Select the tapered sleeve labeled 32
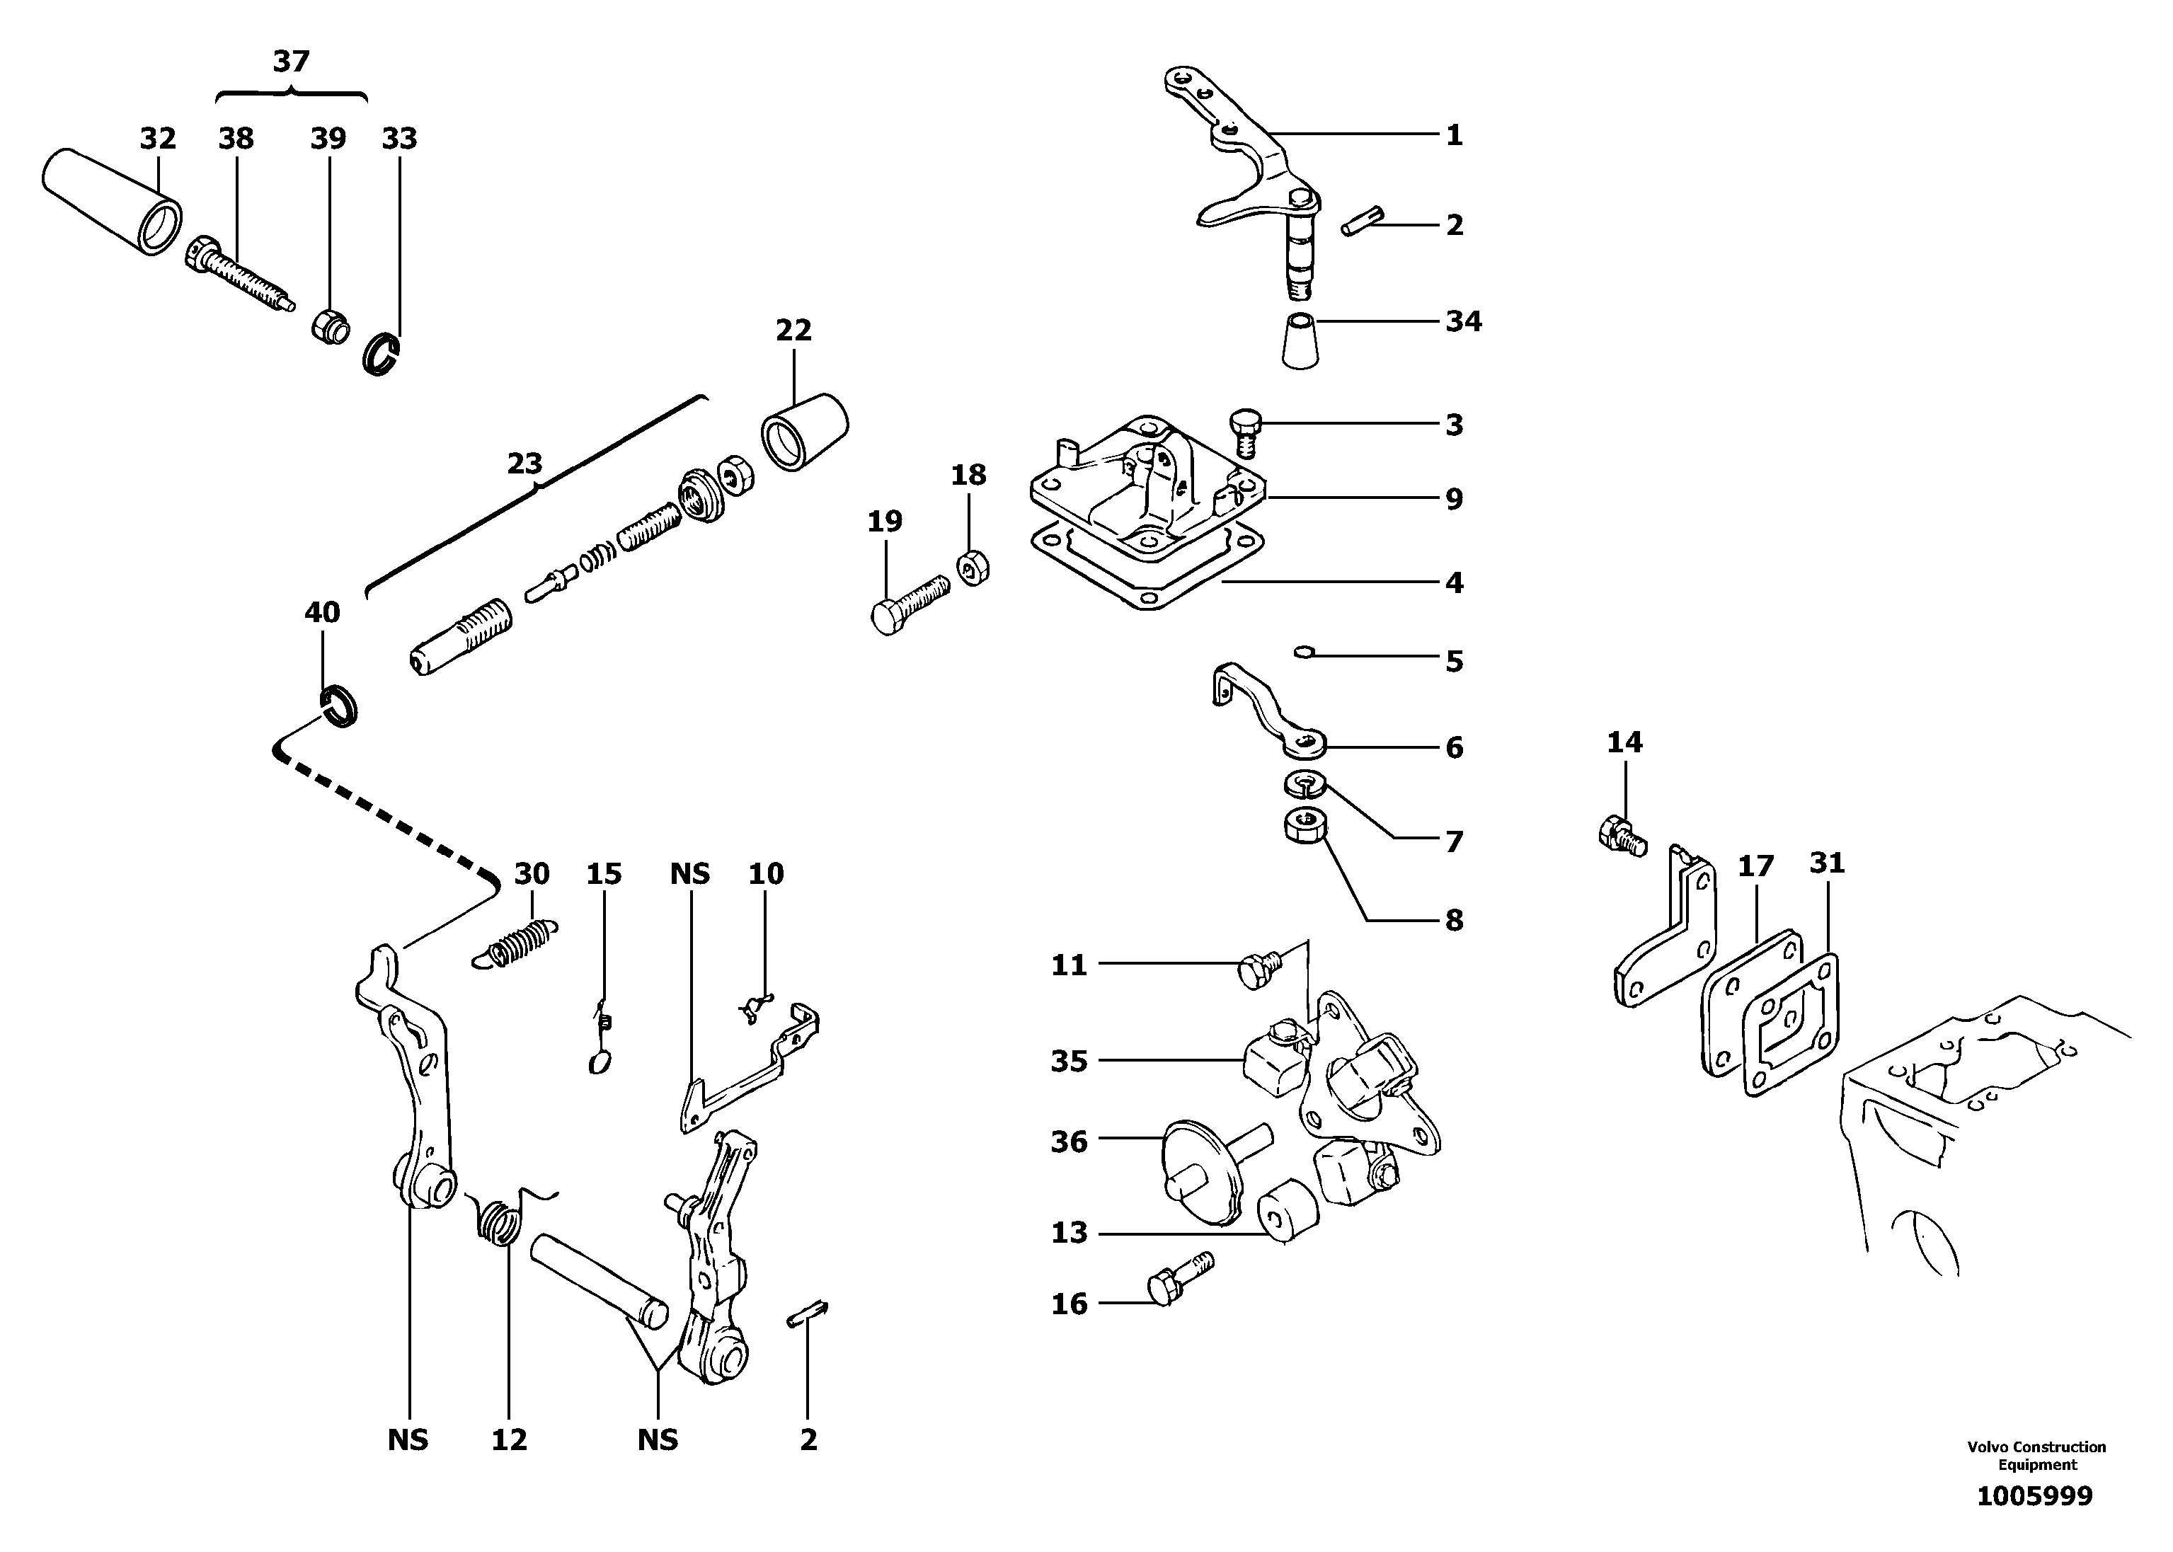coord(112,201)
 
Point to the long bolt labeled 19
coord(909,599)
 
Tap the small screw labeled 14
coord(1621,834)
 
